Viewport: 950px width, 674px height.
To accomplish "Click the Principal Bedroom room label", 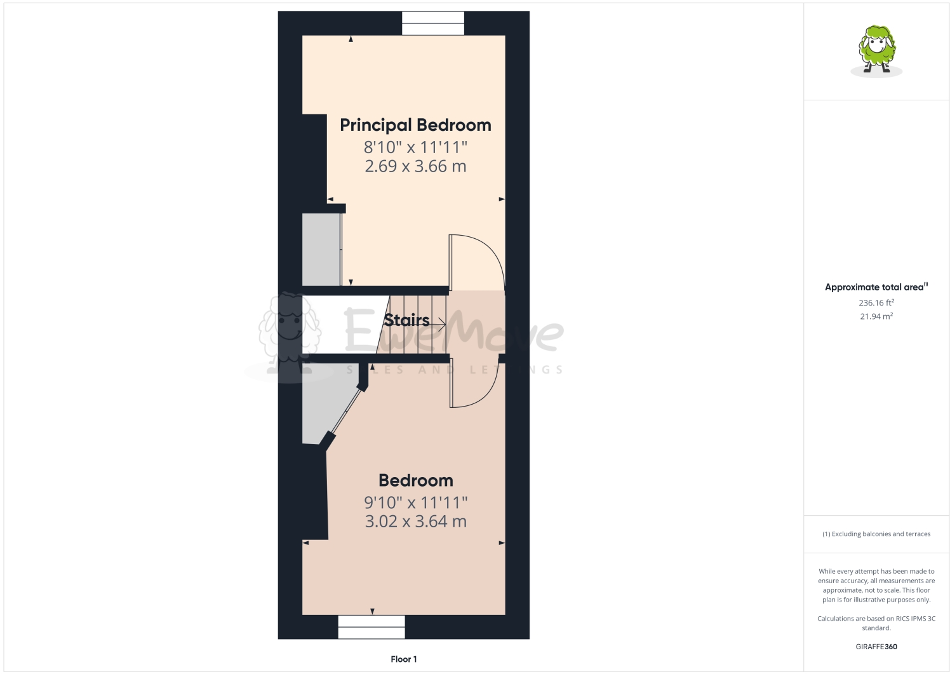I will click(x=415, y=125).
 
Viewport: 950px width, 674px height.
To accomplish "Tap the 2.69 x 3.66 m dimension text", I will click(x=415, y=166).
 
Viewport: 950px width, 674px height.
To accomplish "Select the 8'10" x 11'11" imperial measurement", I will click(x=415, y=147).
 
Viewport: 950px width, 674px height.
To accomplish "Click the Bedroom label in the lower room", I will click(x=416, y=480).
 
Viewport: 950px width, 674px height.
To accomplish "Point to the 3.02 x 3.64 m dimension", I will click(x=416, y=522).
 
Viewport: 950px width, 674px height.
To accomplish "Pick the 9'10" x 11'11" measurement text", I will click(x=416, y=502).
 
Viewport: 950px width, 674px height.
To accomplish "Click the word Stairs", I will click(x=406, y=320).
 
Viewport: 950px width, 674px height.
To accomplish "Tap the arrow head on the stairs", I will click(x=442, y=325).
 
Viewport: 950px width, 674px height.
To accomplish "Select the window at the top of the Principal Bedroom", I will click(x=433, y=24).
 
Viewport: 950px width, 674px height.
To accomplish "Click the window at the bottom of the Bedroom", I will click(x=371, y=627).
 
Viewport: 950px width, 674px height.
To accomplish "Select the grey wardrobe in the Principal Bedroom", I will click(x=321, y=249).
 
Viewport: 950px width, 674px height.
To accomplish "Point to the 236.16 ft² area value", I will click(x=876, y=303).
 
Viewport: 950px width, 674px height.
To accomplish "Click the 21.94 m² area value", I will click(x=876, y=316).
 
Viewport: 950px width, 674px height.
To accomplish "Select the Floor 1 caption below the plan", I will click(x=404, y=659).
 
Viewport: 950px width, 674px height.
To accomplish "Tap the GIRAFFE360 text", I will click(x=876, y=647).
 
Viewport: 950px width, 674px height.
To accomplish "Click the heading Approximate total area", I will click(x=874, y=287).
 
